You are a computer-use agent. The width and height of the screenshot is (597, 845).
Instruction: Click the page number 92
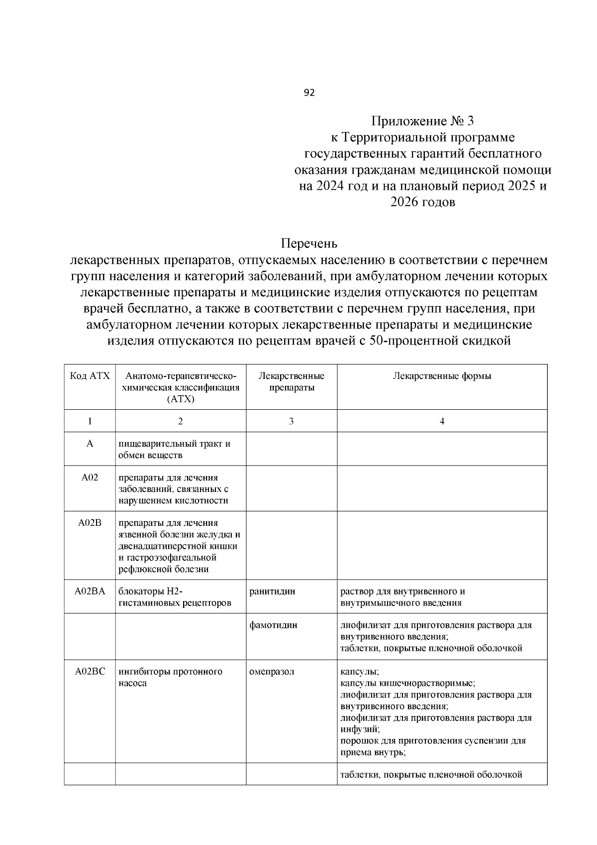coord(309,93)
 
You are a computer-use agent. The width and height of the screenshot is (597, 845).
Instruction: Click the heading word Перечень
coord(309,243)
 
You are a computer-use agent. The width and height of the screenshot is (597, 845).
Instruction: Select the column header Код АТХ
coord(90,376)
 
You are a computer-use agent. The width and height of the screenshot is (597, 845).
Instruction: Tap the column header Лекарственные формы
coord(442,376)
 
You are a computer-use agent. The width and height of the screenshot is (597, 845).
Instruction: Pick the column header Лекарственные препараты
coord(292,381)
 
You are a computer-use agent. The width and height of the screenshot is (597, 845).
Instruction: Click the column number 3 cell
coord(292,421)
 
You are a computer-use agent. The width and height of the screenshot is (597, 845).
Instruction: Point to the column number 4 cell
coord(442,421)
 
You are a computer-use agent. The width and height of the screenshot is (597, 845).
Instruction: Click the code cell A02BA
coord(90,592)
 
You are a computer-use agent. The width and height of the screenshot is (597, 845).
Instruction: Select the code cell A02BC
coord(90,672)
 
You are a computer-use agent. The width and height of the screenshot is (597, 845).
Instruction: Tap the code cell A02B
coord(90,523)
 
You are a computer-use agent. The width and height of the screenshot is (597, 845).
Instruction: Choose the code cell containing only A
coord(90,444)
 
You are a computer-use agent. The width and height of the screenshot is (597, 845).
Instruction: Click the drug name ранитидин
coord(272,592)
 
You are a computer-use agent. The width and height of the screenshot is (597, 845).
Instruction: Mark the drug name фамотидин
coord(273,625)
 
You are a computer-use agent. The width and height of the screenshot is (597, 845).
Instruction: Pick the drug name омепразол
coord(272,672)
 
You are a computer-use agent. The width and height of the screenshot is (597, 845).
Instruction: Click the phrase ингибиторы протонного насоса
coord(170,677)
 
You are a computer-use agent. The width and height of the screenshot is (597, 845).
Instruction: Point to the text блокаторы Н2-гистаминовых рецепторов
coord(175,597)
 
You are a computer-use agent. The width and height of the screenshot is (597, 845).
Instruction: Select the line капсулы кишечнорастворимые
coord(407,683)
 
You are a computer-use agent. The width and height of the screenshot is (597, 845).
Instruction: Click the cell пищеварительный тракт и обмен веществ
coord(174,449)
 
